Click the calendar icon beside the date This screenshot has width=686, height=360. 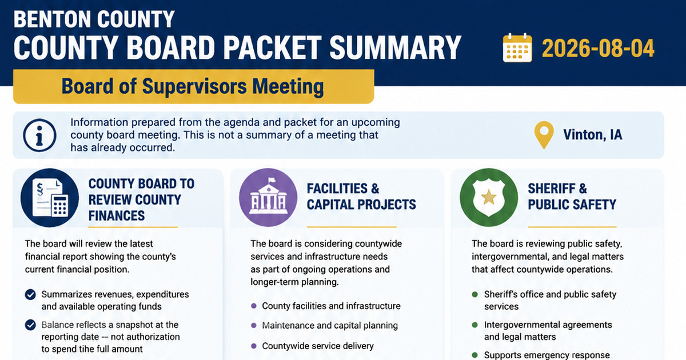click(x=517, y=48)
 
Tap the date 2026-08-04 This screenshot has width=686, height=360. click(x=598, y=49)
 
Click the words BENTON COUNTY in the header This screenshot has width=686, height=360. click(x=94, y=19)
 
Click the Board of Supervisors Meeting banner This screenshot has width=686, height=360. click(x=194, y=87)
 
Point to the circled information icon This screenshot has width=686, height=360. click(x=39, y=135)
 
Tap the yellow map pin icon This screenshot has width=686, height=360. click(x=544, y=135)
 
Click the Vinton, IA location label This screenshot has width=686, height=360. click(x=593, y=135)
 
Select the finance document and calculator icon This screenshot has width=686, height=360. click(x=50, y=198)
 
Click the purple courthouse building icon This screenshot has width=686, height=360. click(x=268, y=198)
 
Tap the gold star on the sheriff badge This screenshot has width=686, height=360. click(x=489, y=197)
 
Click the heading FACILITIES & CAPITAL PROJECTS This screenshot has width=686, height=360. click(x=361, y=197)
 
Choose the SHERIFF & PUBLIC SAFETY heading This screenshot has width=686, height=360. click(x=572, y=197)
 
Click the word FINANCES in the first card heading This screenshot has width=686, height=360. click(x=117, y=216)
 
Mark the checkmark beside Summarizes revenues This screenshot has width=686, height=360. click(x=30, y=294)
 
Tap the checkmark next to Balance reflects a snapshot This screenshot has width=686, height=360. click(x=30, y=325)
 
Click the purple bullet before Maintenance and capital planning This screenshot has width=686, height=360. click(x=254, y=325)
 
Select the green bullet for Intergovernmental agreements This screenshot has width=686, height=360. click(x=474, y=325)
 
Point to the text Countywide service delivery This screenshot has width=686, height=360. click(x=318, y=346)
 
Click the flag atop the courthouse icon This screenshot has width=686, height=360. click(x=272, y=181)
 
